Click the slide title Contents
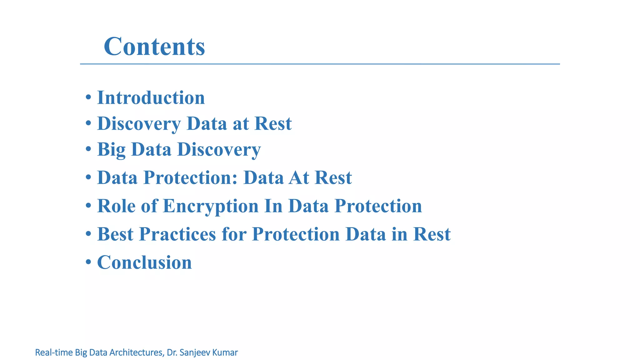tap(154, 46)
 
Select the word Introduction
tap(151, 97)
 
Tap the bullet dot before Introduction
tap(88, 97)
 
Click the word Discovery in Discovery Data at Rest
tap(139, 123)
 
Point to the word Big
tap(111, 149)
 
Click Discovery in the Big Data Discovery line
tap(219, 149)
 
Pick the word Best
tap(115, 234)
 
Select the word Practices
tap(177, 234)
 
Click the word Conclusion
tap(144, 262)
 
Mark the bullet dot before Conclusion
tap(88, 262)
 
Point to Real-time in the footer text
tap(53, 352)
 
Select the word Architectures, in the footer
tap(136, 352)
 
